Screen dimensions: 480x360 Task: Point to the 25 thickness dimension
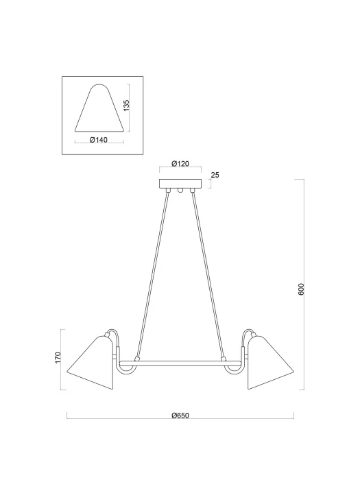pos(215,176)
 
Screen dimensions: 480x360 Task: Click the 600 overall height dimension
pos(301,289)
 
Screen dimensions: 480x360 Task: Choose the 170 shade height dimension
pos(58,358)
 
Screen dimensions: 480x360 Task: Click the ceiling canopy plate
pos(180,184)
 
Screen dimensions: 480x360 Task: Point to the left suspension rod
pos(152,274)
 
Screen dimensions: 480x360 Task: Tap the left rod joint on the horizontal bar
pos(137,357)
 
